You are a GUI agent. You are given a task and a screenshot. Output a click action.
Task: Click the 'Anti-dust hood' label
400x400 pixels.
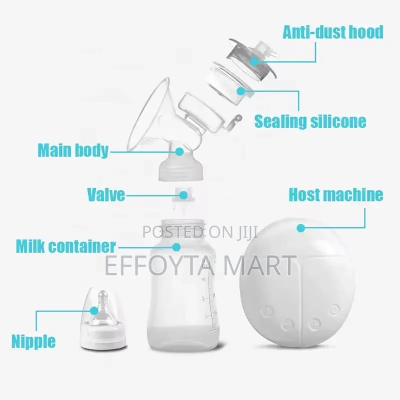pos(333,31)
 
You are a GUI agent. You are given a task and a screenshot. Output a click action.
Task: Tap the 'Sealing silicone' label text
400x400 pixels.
pos(310,120)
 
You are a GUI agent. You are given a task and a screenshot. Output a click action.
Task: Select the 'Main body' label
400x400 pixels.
pos(73,149)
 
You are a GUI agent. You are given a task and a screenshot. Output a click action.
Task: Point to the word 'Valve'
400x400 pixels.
pos(106,194)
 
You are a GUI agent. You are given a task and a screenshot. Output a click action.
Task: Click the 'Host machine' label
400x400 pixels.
pos(336,194)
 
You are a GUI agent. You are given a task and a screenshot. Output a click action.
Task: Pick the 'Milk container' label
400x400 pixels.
pos(65,245)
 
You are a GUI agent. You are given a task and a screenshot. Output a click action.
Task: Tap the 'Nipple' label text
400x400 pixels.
pos(34,341)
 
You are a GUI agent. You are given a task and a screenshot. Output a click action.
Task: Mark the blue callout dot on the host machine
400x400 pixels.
pos(300,228)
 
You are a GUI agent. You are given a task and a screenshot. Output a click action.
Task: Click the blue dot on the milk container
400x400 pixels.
pos(176,246)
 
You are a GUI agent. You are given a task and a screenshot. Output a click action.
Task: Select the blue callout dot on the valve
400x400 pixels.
pos(183,194)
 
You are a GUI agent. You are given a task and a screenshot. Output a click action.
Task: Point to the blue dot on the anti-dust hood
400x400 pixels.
pos(254,61)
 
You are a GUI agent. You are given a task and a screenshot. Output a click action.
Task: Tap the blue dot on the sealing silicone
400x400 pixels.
pos(241,91)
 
